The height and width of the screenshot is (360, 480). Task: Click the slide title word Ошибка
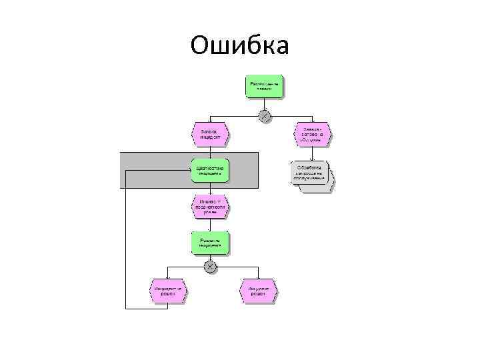tap(239, 45)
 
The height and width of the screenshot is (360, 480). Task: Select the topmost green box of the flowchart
tap(265, 86)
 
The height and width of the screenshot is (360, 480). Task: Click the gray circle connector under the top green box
tap(265, 116)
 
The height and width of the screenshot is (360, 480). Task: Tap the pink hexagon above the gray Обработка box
tap(311, 133)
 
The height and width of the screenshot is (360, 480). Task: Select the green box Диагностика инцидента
tap(210, 170)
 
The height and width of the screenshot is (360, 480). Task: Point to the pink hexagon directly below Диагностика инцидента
tap(210, 206)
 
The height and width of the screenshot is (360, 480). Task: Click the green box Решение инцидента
tap(210, 243)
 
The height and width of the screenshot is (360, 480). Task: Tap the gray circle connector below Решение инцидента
tap(210, 267)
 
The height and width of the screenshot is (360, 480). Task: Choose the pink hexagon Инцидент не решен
tap(167, 291)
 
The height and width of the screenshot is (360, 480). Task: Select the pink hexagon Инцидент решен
tap(257, 291)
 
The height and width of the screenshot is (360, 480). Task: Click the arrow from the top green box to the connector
tap(265, 104)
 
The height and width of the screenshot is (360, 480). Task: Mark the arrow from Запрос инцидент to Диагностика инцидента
tap(210, 152)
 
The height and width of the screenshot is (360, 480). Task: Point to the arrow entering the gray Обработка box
tap(311, 153)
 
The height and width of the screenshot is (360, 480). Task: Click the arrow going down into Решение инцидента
tap(210, 225)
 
